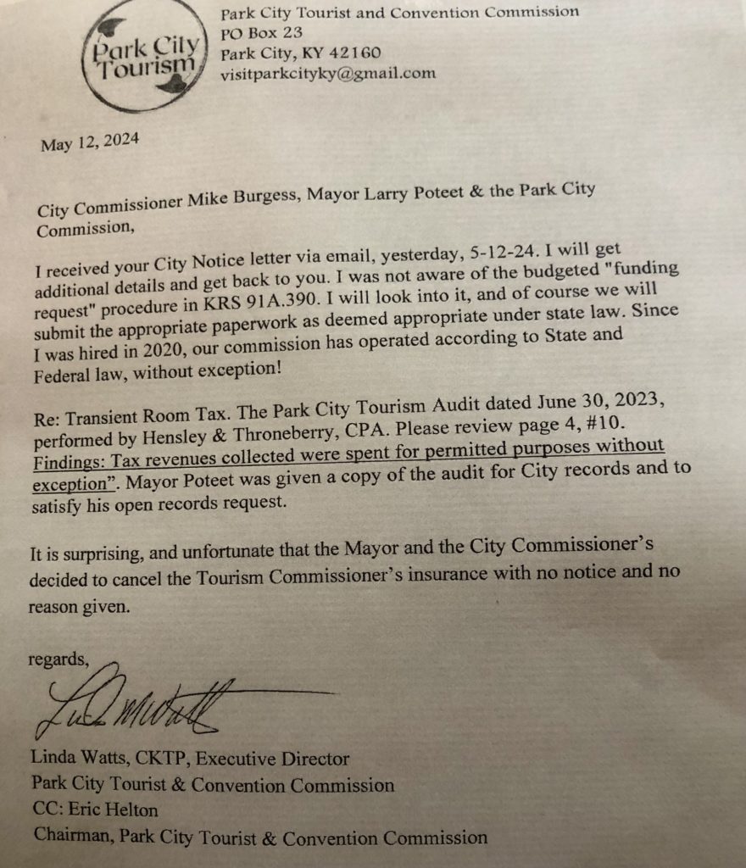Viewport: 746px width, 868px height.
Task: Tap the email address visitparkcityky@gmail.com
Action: click(327, 73)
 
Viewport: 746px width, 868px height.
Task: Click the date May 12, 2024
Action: click(90, 142)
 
